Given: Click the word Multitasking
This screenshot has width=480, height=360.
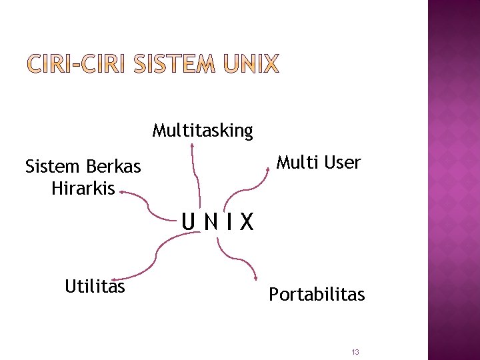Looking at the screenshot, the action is [x=203, y=130].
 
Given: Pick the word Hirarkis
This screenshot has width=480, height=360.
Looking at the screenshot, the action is [x=83, y=188].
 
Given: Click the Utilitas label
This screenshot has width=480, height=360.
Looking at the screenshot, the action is [x=95, y=286].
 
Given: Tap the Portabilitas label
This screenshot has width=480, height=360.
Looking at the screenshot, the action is [x=317, y=294].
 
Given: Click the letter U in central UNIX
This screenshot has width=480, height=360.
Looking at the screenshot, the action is [x=190, y=221].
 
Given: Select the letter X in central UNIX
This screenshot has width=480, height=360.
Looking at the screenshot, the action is [x=247, y=221].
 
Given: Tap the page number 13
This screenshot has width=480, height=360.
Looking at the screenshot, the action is [x=355, y=352].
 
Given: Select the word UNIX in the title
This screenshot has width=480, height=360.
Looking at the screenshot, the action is [x=251, y=65].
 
